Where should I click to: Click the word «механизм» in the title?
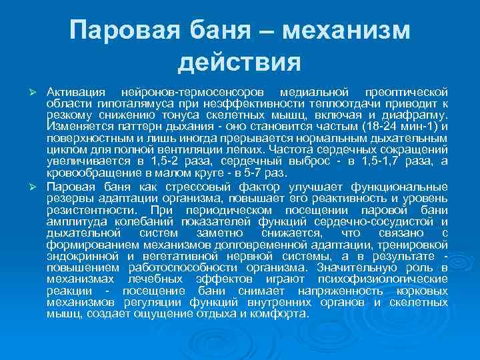[x=347, y=31]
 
